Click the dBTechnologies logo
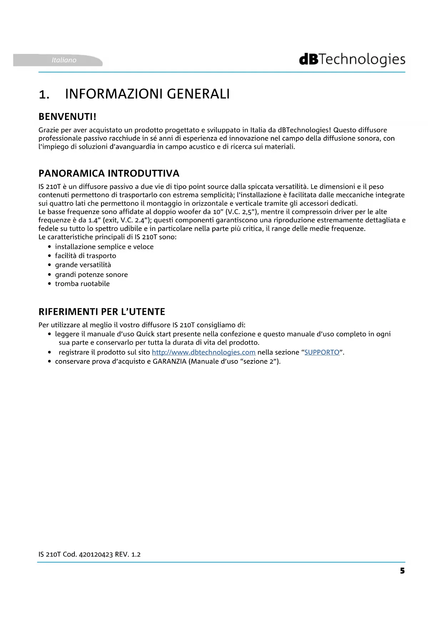click(352, 60)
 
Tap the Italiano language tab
click(64, 60)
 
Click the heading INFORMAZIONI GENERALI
click(147, 94)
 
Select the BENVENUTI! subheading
click(67, 117)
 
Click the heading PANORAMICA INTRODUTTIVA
click(109, 173)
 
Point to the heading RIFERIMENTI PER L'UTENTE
click(102, 312)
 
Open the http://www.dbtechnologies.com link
click(203, 352)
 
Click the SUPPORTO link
click(322, 352)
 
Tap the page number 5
click(402, 571)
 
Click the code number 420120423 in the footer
click(96, 554)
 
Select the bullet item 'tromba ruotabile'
click(82, 284)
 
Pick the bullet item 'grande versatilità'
click(83, 265)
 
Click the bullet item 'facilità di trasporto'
click(85, 256)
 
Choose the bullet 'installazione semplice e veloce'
click(104, 247)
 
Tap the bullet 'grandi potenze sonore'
click(91, 274)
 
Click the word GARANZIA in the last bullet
click(170, 362)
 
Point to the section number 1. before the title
click(44, 95)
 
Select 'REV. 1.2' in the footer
click(128, 554)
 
